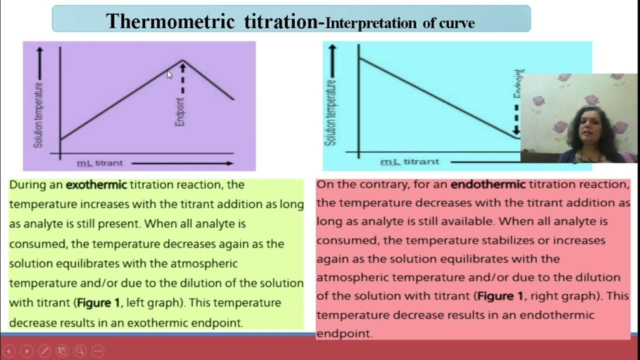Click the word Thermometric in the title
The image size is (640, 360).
pyautogui.click(x=170, y=21)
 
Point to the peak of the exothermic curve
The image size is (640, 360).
pyautogui.click(x=182, y=61)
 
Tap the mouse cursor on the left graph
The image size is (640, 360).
pyautogui.click(x=169, y=74)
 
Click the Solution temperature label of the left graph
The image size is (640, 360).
pyautogui.click(x=38, y=115)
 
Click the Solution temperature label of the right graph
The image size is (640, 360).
pyautogui.click(x=330, y=112)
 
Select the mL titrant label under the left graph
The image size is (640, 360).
pyautogui.click(x=99, y=163)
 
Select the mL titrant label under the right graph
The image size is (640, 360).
pyautogui.click(x=409, y=162)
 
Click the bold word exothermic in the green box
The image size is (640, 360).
pyautogui.click(x=96, y=185)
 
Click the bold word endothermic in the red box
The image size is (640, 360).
pyautogui.click(x=488, y=184)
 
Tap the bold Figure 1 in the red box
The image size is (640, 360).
pyautogui.click(x=500, y=296)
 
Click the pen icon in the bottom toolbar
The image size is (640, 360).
pyautogui.click(x=44, y=350)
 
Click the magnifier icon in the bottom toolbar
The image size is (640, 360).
pyautogui.click(x=80, y=350)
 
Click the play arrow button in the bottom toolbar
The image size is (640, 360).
pyautogui.click(x=26, y=350)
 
